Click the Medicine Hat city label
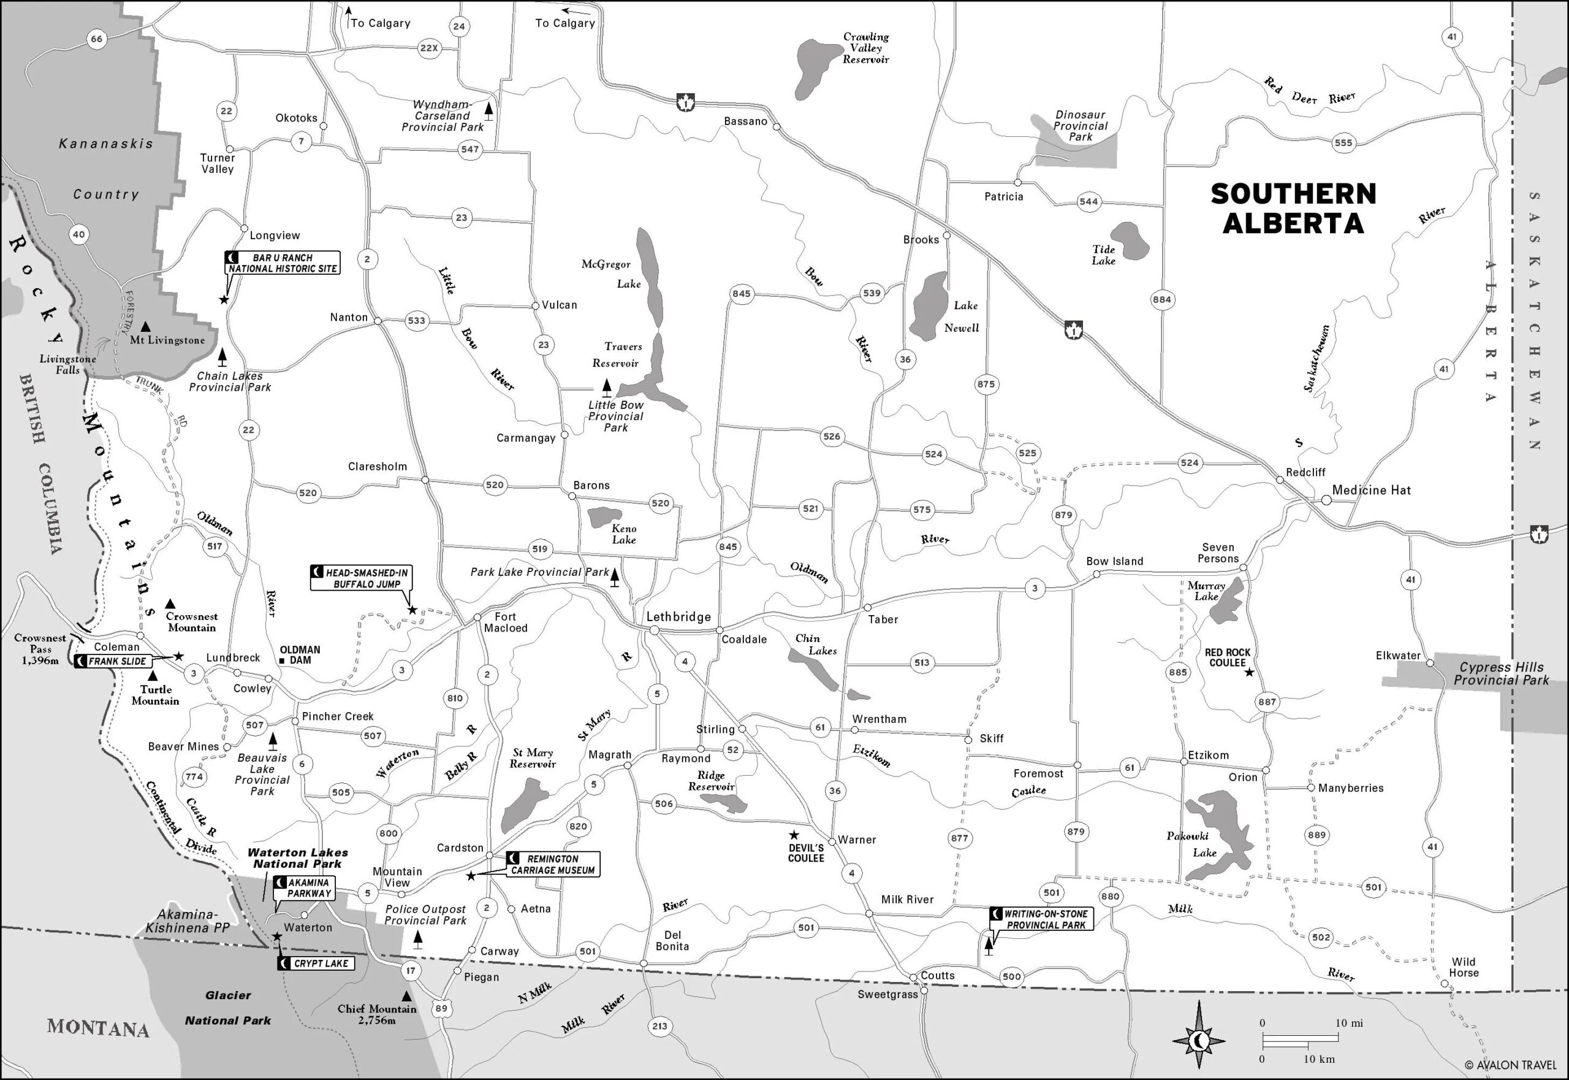[1371, 490]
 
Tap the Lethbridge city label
[678, 616]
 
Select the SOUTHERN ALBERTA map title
[1293, 209]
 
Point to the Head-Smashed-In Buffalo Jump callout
[361, 578]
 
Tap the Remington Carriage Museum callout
[552, 864]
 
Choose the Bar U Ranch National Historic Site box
[282, 263]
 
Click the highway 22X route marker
[429, 48]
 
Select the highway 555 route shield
[1343, 143]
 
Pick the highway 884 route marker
[1162, 299]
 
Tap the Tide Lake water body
[1130, 240]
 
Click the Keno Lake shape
[604, 517]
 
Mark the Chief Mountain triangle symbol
[406, 996]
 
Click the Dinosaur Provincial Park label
[1080, 126]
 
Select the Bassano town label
[745, 121]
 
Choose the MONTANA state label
[97, 1028]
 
